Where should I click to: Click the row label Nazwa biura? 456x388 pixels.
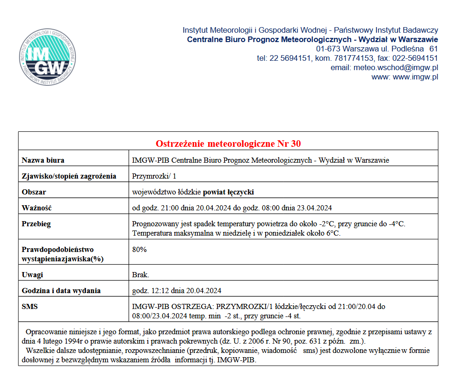43,160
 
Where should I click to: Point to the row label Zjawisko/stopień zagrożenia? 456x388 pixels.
69,176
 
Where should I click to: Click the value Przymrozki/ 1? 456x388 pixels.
155,176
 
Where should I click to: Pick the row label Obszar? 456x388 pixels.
34,192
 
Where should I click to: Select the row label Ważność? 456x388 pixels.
36,208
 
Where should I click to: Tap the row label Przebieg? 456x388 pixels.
36,223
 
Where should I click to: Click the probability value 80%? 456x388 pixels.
139,249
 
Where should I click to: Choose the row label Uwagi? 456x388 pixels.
32,275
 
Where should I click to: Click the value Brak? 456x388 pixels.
141,275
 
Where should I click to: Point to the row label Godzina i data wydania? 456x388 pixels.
61,291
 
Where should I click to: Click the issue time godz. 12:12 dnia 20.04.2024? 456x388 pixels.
177,291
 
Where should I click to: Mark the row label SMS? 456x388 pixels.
30,307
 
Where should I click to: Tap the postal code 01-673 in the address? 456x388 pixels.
328,49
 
